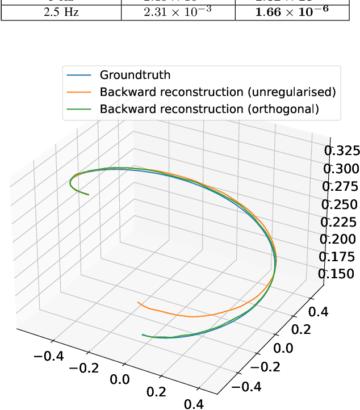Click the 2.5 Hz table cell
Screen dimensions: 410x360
[x=61, y=11]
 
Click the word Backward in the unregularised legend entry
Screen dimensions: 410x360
[x=124, y=92]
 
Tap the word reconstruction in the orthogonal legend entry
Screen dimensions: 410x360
[x=188, y=109]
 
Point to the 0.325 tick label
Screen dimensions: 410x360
[x=341, y=150]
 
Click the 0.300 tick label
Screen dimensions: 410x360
[x=341, y=169]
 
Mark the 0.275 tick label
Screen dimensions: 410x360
[x=341, y=186]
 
